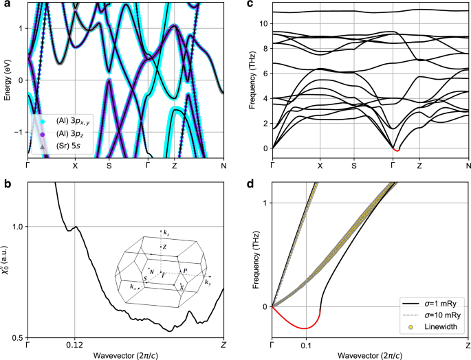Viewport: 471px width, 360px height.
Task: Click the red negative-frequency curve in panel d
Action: (x=303, y=328)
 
